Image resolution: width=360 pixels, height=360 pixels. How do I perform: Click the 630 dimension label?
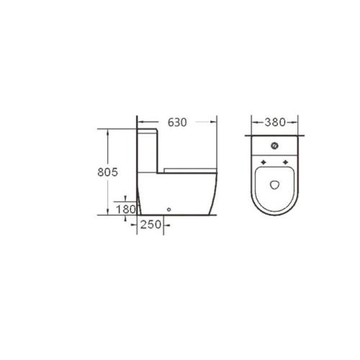(177, 122)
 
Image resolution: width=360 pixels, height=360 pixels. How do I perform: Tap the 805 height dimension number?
(108, 172)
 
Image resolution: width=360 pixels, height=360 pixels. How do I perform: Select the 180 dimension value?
(126, 210)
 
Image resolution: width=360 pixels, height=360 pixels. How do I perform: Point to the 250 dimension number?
(150, 225)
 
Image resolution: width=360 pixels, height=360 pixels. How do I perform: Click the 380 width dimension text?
(275, 122)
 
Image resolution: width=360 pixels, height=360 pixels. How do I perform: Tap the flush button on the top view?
(274, 145)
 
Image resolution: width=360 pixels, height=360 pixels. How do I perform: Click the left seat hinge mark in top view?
(264, 162)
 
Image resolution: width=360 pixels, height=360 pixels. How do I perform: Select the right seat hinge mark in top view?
(285, 162)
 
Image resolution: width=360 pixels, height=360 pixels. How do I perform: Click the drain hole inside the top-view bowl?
(274, 184)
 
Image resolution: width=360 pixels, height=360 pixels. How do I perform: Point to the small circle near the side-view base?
(169, 210)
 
